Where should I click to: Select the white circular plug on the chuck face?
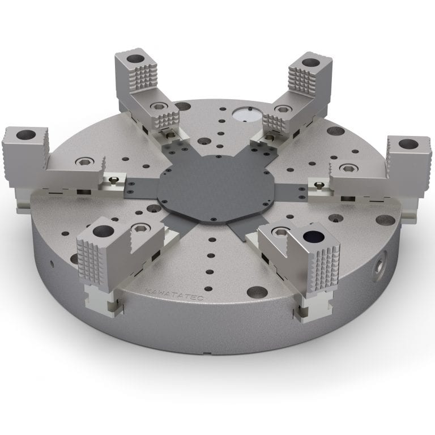[244, 114]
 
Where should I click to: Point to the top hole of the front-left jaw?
[103, 231]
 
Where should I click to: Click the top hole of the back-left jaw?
[134, 58]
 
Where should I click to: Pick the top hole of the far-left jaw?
[25, 135]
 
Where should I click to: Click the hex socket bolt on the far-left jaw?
[84, 161]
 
